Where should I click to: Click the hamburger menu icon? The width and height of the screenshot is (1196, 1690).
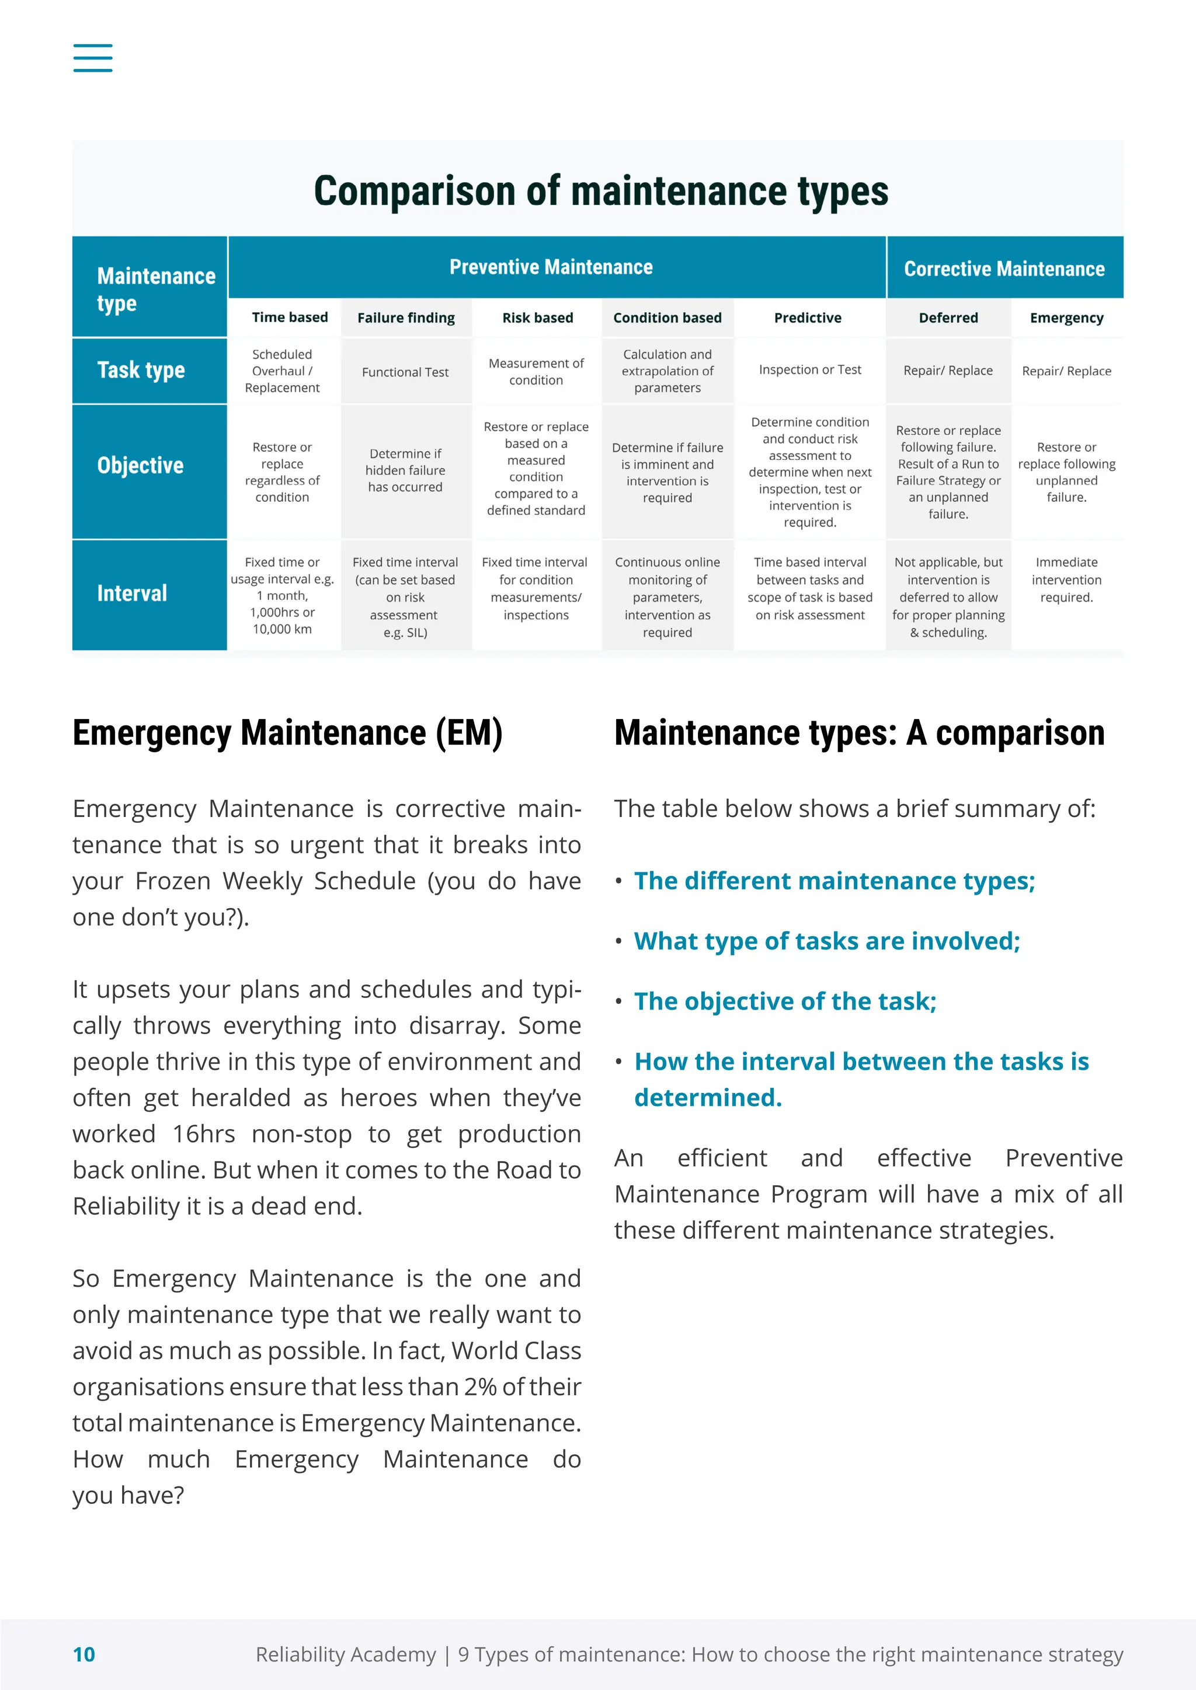tap(93, 57)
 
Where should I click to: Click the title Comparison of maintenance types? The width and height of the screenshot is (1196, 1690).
tap(600, 191)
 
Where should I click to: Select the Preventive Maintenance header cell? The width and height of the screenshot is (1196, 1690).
tap(551, 267)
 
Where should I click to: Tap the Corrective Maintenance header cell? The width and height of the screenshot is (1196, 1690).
tap(1004, 268)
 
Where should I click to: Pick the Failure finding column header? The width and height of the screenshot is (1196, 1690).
tap(406, 318)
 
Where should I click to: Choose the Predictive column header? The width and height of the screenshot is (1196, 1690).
tap(807, 318)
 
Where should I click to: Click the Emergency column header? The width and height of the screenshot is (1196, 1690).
tap(1066, 318)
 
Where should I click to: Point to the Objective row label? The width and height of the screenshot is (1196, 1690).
tap(140, 465)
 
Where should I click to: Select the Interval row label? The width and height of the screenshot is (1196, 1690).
tap(132, 593)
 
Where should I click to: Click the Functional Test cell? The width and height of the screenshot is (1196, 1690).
tap(405, 372)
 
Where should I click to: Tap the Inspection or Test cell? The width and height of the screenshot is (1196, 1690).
tap(809, 369)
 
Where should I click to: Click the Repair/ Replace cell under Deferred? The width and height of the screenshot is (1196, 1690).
tap(948, 370)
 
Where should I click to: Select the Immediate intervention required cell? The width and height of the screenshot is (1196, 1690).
tap(1066, 579)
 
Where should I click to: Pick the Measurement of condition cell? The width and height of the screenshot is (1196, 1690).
tap(536, 371)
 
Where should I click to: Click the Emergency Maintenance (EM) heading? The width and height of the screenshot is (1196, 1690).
tap(287, 733)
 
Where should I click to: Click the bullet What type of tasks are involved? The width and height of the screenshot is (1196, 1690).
tap(826, 941)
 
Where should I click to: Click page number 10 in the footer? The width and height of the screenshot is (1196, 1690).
tap(84, 1654)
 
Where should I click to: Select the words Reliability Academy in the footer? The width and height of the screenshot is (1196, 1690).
tap(345, 1654)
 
